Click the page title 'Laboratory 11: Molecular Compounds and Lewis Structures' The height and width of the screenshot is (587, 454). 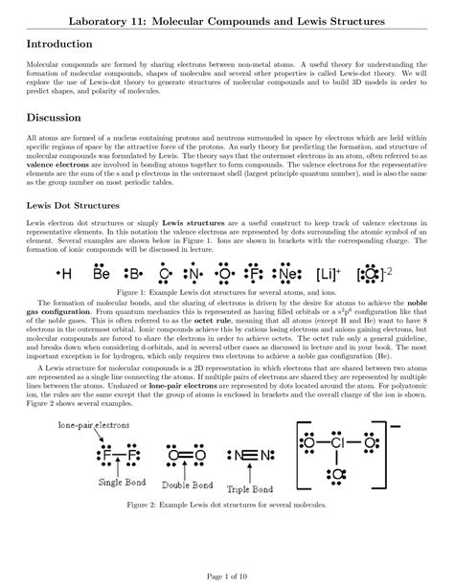[x=227, y=19]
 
